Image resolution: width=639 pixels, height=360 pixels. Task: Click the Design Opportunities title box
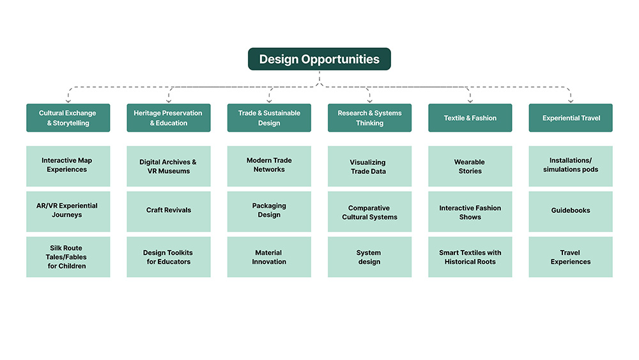(x=319, y=59)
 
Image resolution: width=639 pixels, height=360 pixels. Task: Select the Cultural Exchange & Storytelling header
(x=68, y=118)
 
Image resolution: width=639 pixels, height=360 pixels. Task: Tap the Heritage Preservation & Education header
(x=168, y=118)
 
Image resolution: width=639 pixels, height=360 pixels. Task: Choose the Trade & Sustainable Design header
(x=269, y=118)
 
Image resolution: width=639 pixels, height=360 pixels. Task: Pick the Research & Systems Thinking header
(x=369, y=118)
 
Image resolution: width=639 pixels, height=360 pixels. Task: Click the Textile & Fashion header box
(x=470, y=118)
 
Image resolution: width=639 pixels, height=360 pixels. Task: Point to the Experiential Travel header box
(x=571, y=118)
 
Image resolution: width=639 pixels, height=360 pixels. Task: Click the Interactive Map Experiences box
(x=68, y=166)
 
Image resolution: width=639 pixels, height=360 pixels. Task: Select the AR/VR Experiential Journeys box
(x=68, y=211)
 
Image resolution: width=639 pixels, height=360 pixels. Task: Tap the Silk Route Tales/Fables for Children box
(x=68, y=257)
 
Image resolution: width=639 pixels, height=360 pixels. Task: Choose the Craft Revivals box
(x=168, y=211)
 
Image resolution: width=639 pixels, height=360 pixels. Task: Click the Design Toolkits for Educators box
(x=168, y=257)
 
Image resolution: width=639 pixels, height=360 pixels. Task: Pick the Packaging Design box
(x=269, y=211)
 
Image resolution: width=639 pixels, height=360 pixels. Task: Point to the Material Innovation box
(x=269, y=257)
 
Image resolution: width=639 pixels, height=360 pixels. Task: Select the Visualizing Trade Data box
(x=369, y=166)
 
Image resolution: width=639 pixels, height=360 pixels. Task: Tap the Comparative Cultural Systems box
(x=369, y=211)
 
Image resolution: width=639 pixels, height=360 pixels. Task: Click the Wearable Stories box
(x=470, y=166)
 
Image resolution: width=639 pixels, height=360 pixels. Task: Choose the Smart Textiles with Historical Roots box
(x=470, y=257)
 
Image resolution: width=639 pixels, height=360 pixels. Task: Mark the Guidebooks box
(x=571, y=211)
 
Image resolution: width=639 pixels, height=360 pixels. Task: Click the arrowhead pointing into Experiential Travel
(x=571, y=100)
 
